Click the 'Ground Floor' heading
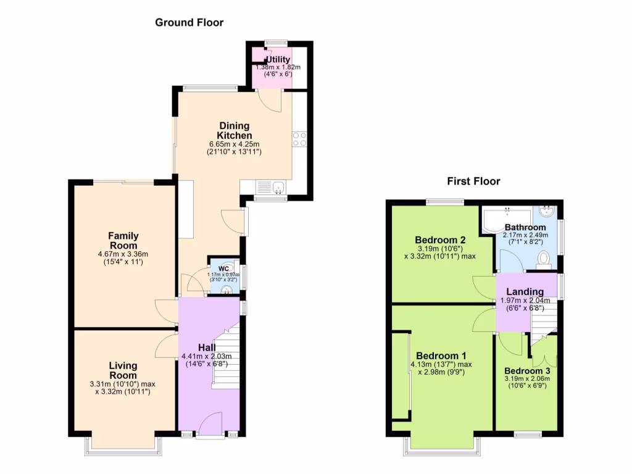point(189,23)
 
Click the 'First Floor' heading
point(473,181)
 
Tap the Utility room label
point(278,60)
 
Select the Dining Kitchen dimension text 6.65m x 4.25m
point(234,144)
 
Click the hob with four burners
point(299,139)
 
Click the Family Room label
point(123,241)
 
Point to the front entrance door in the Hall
point(210,426)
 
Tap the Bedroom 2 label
point(439,240)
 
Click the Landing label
point(525,292)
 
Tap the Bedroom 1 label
point(441,356)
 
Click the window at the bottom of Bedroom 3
point(527,435)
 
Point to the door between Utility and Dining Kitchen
point(270,99)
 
